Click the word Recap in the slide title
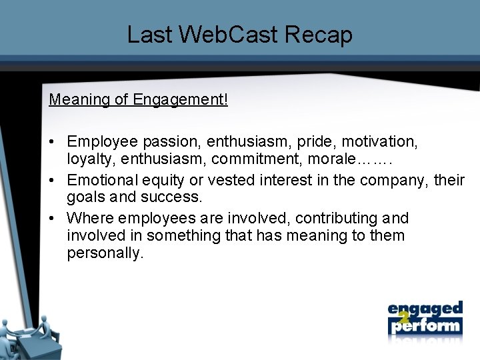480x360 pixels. (x=319, y=35)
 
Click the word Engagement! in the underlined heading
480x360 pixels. (x=180, y=100)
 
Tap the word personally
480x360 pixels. (x=105, y=254)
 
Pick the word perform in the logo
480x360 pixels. (x=427, y=327)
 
